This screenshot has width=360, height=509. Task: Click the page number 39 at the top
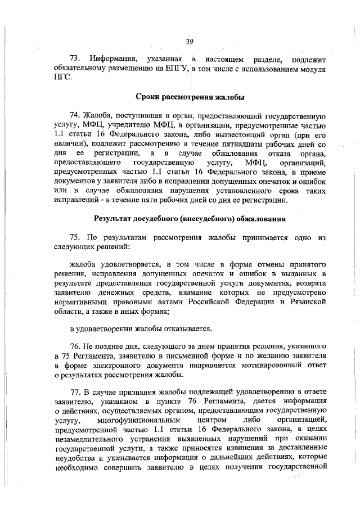[190, 40]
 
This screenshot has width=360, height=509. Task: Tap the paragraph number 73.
[75, 59]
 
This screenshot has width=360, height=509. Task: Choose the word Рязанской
[308, 301]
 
